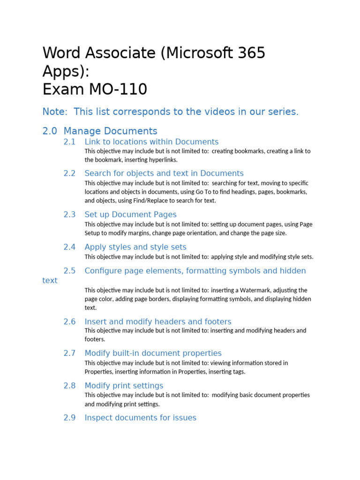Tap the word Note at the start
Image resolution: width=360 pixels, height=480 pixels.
click(53, 112)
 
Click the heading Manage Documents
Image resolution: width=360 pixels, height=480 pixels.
click(111, 131)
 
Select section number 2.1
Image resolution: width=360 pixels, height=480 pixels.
click(69, 142)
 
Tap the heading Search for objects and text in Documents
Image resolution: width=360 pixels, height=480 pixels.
click(164, 173)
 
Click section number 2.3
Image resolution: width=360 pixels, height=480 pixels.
click(69, 215)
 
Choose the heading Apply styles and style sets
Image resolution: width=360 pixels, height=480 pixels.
click(135, 247)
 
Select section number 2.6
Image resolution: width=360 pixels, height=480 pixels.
click(69, 322)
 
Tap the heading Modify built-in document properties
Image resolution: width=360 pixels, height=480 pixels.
click(153, 353)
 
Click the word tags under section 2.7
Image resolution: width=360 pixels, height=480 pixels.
click(237, 372)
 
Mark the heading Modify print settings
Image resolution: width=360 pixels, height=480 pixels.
click(124, 386)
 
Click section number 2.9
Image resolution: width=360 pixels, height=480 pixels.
click(69, 418)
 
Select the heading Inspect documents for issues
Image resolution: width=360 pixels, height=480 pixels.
click(140, 418)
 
